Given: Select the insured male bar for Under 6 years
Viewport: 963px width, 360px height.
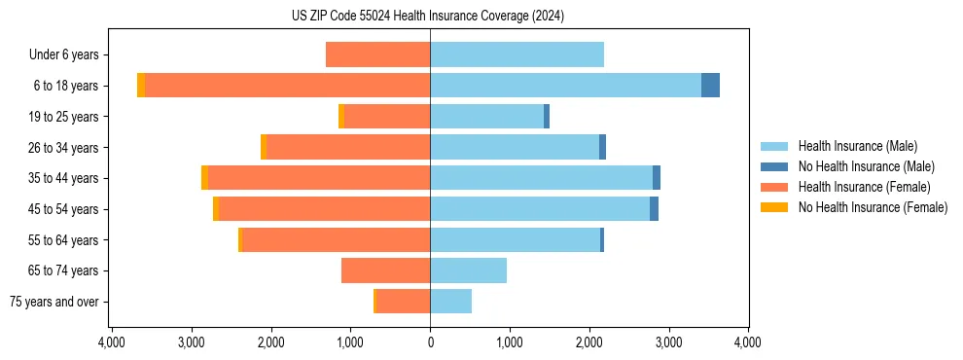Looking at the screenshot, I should [x=517, y=54].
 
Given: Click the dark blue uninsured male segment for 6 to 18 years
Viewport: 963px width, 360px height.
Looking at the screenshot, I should [x=710, y=86].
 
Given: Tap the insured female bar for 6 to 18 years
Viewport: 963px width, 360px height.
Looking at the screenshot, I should [x=287, y=86].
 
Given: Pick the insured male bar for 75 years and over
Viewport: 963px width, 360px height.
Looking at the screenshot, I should [x=450, y=302].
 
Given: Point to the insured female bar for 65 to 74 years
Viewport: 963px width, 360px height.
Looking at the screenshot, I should [x=385, y=270].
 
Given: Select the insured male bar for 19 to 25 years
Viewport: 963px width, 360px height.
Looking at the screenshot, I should [x=486, y=117].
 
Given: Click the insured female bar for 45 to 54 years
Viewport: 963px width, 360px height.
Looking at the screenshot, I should [x=324, y=209].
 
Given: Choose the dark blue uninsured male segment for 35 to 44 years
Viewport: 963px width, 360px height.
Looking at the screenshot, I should [x=657, y=178].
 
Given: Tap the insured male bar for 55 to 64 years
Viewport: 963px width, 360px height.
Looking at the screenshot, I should [x=515, y=240].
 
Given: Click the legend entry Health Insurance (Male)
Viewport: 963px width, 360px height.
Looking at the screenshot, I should [x=857, y=146].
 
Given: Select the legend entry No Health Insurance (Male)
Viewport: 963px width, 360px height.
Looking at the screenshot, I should [x=866, y=166].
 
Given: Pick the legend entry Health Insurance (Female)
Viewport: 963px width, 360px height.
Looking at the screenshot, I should [x=864, y=187].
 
